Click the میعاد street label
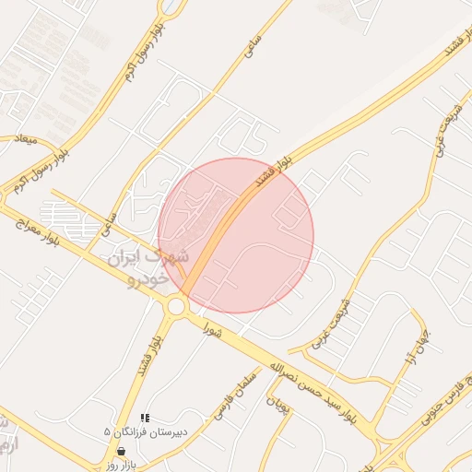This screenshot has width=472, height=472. [x=22, y=139]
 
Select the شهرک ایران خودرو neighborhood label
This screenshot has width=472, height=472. [x=148, y=265]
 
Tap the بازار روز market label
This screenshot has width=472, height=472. [x=121, y=464]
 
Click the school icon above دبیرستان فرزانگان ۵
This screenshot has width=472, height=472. [x=145, y=418]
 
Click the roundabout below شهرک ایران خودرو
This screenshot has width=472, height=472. [x=176, y=305]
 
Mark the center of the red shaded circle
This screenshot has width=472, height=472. [x=236, y=235]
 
